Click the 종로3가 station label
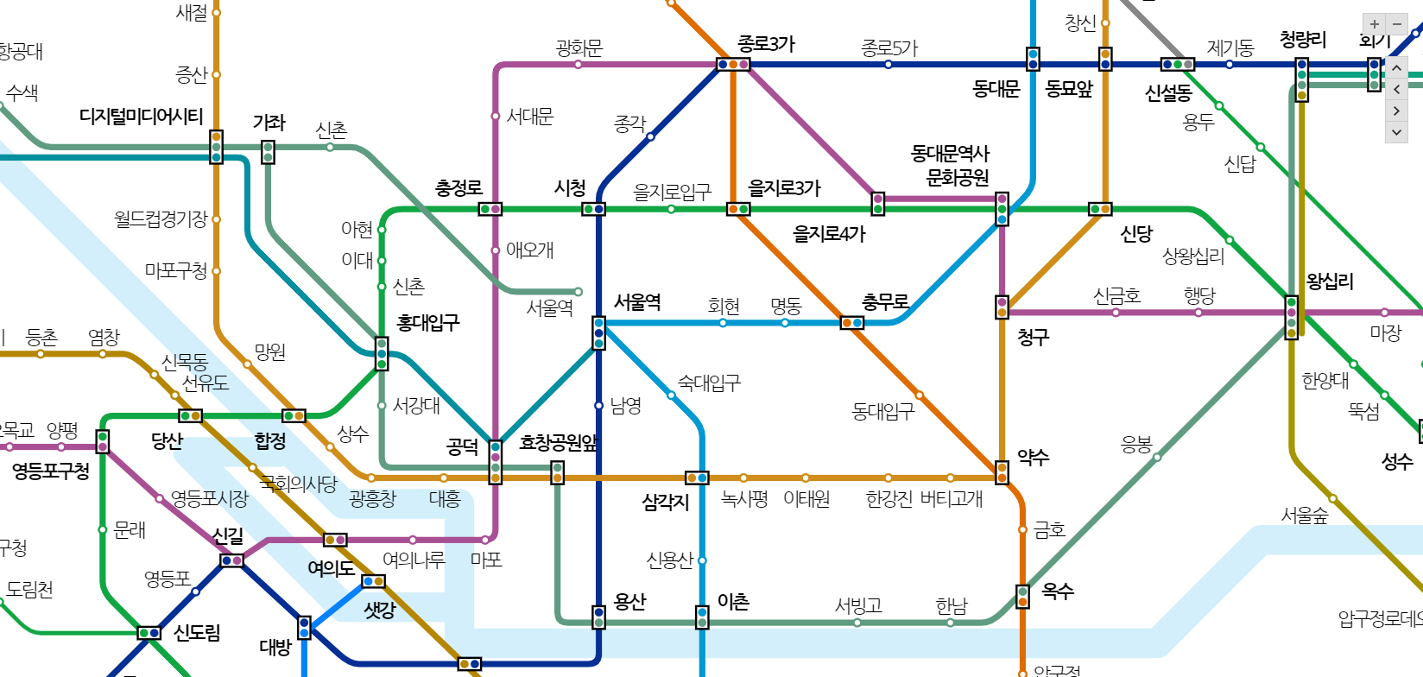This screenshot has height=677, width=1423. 766,44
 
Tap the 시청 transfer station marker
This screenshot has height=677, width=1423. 593,209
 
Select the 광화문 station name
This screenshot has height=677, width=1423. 579,48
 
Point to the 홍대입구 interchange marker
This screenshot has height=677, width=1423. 382,354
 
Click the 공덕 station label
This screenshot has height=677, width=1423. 462,446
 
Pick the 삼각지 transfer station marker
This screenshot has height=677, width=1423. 697,478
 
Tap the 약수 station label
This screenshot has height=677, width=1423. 1033,458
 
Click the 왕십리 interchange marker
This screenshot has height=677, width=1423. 1292,317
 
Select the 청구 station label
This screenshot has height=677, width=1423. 1033,338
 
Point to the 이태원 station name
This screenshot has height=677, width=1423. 806,499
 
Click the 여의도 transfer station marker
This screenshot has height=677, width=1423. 335,540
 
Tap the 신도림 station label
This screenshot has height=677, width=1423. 197,633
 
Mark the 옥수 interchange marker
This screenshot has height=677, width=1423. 1022,596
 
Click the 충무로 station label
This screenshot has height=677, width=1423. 885,302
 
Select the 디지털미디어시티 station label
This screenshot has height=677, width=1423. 141,117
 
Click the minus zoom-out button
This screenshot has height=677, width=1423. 1396,24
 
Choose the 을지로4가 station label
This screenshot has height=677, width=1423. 829,234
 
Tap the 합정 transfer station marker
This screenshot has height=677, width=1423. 294,415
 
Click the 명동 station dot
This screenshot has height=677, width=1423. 785,323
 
